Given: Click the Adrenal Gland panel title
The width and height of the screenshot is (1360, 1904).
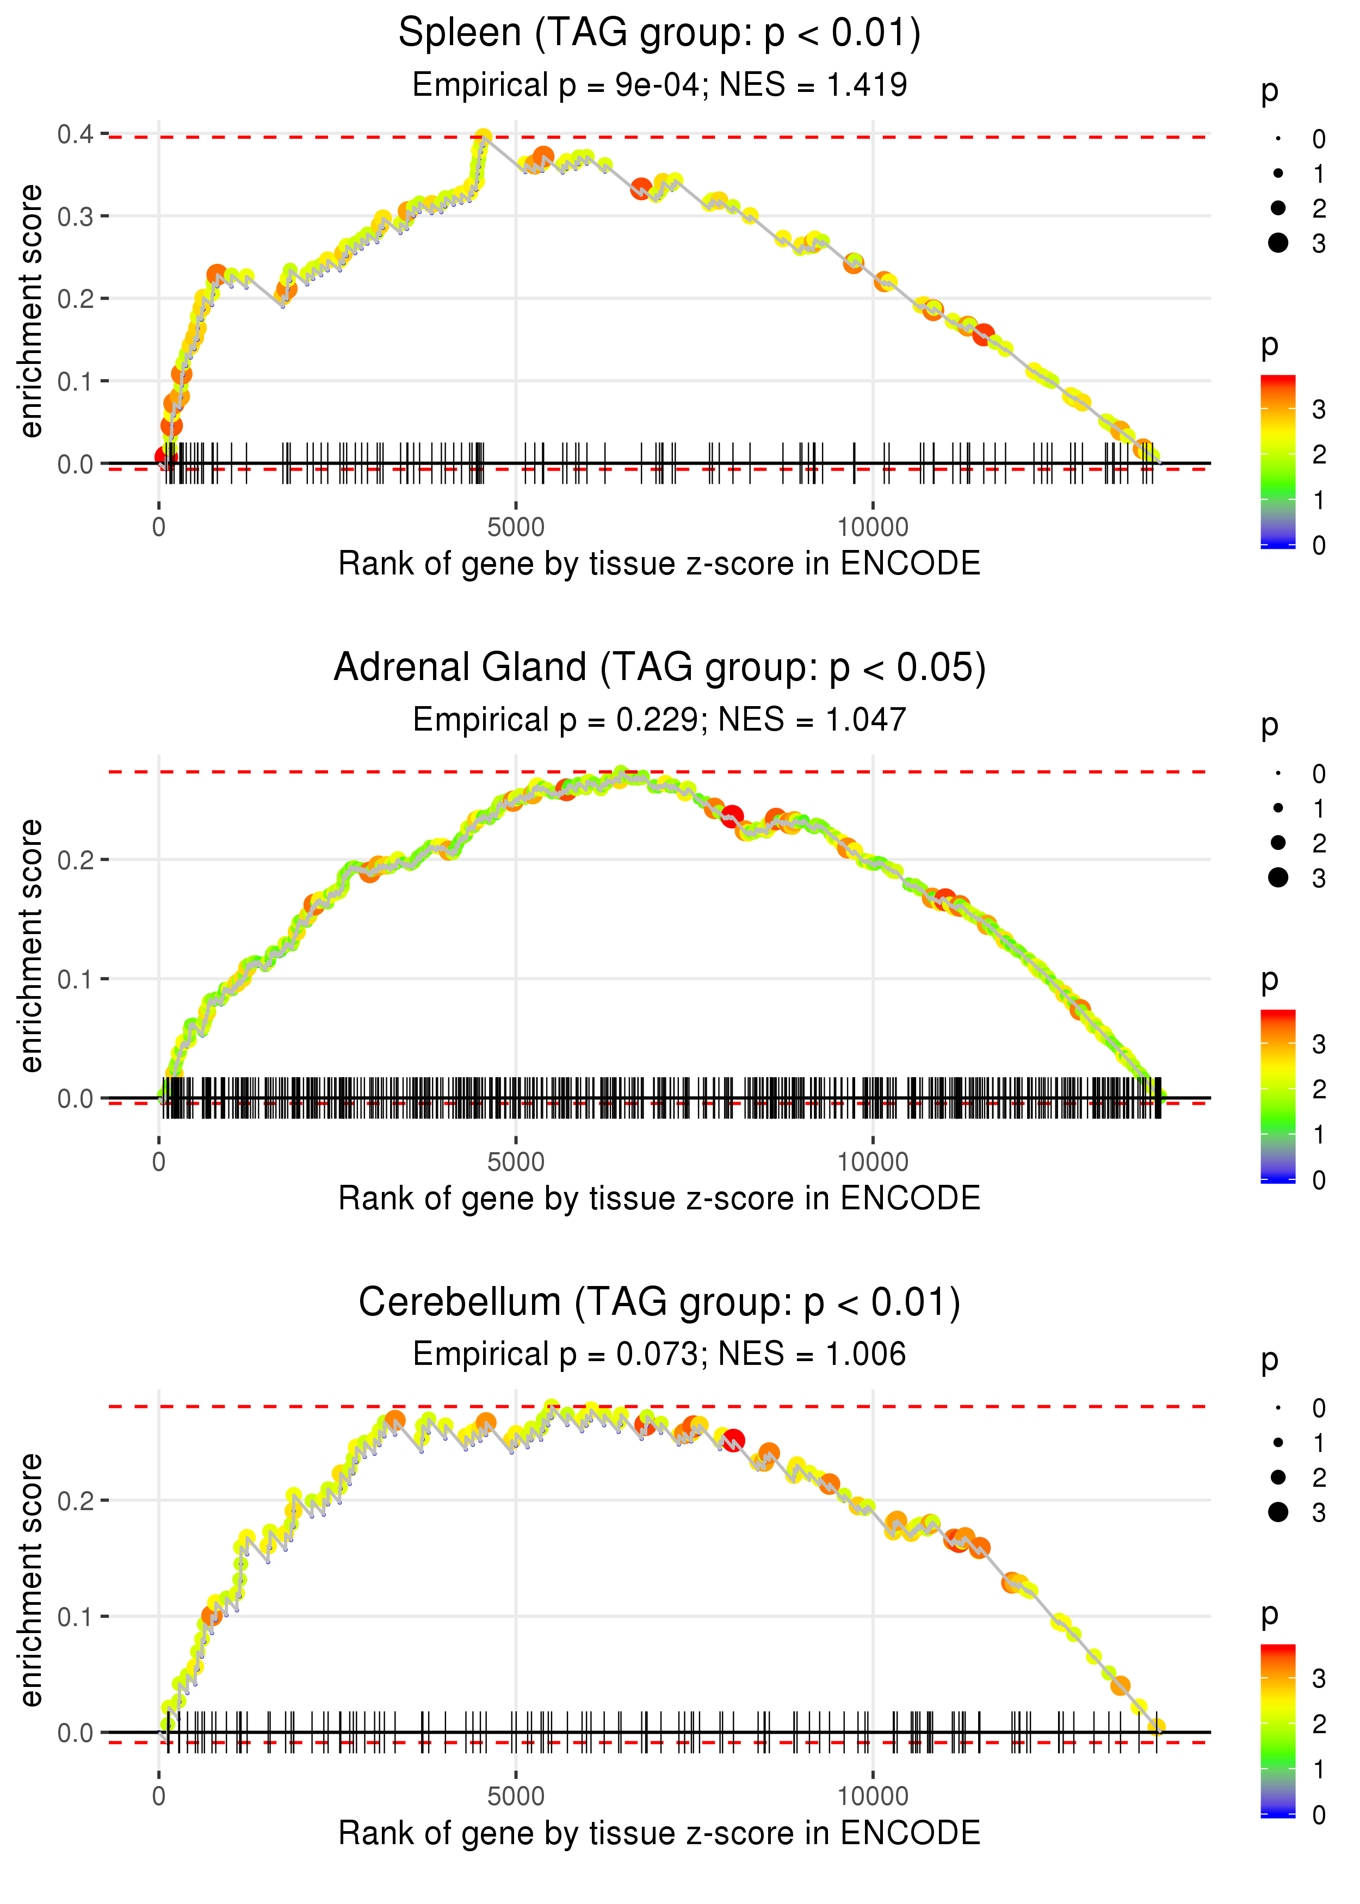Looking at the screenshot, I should (659, 668).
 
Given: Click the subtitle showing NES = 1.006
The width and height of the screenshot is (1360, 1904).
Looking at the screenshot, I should (659, 1355).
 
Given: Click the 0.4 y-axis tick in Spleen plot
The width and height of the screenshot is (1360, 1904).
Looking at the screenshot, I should (76, 134).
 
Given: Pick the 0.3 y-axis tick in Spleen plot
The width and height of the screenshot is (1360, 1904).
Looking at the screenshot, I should (76, 216).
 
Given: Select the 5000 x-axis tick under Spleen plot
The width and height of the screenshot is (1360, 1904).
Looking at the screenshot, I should (516, 528).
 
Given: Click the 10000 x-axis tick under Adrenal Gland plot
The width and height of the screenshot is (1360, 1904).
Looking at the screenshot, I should (873, 1162).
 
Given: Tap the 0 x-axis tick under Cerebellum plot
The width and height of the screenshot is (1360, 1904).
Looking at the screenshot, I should (159, 1797).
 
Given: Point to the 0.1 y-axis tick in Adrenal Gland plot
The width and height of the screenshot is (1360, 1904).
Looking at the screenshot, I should (76, 979).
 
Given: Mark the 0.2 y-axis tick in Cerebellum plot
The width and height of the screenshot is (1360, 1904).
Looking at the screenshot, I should (76, 1500).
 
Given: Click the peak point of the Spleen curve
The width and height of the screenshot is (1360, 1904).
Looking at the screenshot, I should (483, 137).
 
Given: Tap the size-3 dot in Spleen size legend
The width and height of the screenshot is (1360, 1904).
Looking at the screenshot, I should (1278, 243).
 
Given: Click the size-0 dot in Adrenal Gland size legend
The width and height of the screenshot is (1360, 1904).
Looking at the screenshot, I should (1278, 774).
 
